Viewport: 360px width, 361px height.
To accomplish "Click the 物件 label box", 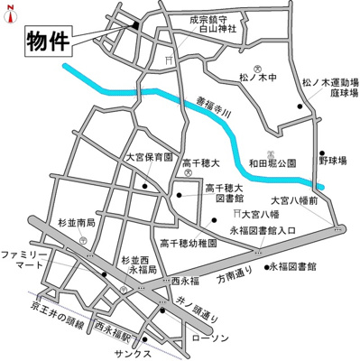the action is (46, 40).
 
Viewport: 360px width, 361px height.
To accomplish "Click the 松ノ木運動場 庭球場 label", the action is (330, 87).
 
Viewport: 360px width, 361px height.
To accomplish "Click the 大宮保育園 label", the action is (148, 157).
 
